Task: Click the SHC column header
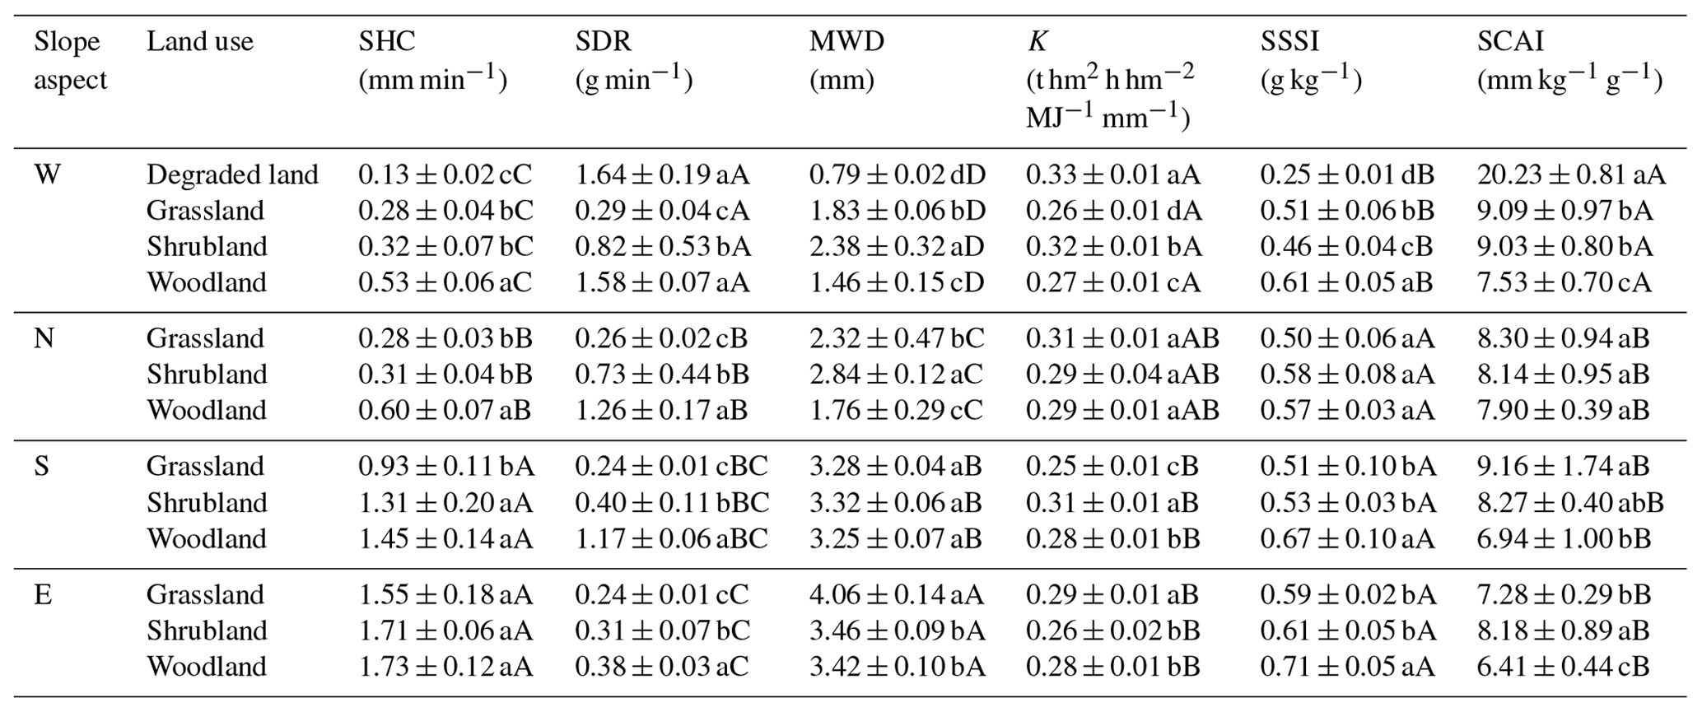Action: [386, 41]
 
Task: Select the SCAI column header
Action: [1510, 41]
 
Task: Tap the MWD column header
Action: [846, 41]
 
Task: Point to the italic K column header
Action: [1037, 41]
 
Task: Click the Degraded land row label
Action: [232, 175]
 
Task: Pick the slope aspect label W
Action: [47, 175]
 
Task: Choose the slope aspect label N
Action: [44, 338]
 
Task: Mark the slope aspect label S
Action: [41, 467]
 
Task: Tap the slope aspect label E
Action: [43, 594]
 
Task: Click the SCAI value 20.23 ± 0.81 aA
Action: [1571, 175]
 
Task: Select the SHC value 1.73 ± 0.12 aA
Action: [445, 666]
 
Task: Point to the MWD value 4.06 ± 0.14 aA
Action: [897, 594]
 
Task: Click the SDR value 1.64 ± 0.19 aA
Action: [662, 175]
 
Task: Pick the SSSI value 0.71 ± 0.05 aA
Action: [1347, 666]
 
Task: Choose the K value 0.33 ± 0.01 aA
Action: [1113, 175]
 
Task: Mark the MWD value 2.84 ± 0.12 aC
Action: [896, 375]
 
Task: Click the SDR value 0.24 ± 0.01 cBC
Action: [671, 467]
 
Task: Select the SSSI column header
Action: [1289, 41]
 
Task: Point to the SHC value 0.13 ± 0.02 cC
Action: [445, 175]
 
